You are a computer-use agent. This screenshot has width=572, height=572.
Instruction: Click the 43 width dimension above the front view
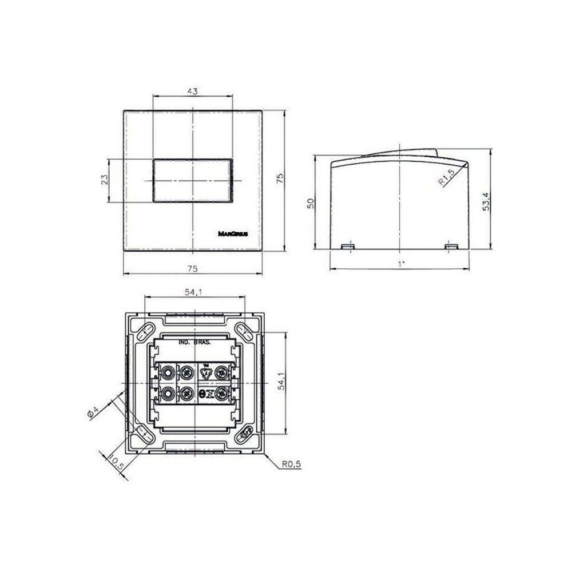(193, 92)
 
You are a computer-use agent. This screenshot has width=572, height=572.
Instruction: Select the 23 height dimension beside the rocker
(104, 180)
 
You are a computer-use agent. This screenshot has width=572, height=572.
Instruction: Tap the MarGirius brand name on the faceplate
(232, 233)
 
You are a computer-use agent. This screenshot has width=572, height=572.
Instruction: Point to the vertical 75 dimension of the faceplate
(279, 180)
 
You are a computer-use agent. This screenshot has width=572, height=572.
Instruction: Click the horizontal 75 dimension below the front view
(193, 268)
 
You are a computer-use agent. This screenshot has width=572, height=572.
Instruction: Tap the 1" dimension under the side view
(400, 264)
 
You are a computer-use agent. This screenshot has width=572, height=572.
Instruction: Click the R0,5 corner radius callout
(291, 465)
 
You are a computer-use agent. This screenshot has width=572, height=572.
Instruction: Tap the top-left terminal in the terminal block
(168, 372)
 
